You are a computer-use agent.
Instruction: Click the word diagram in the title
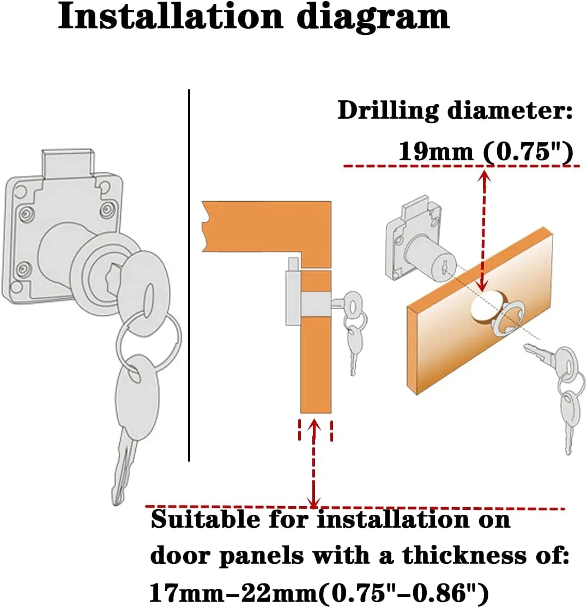pos(371,17)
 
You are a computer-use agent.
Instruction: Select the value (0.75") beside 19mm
pos(528,151)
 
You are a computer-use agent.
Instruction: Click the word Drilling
pos(388,111)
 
